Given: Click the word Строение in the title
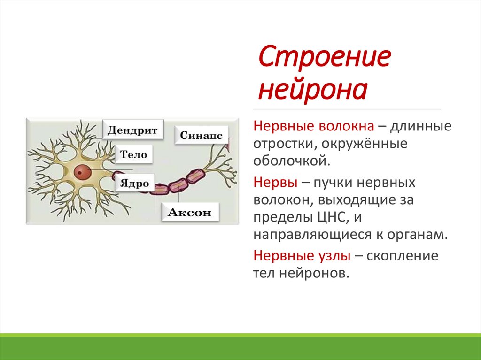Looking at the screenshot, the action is tap(325, 56).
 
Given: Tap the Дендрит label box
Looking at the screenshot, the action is tap(133, 130).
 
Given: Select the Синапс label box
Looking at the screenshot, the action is tap(202, 135).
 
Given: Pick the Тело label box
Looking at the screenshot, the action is tap(134, 154).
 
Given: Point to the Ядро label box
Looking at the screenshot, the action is tap(135, 183).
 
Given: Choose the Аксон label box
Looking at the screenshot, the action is tap(190, 212).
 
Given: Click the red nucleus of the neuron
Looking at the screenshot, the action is tap(82, 172).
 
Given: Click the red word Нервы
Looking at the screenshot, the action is tap(275, 183).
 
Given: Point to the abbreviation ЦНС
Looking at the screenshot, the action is tap(333, 217).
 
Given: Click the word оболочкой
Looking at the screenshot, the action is tap(292, 161).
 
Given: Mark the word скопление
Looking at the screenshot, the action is tap(402, 256).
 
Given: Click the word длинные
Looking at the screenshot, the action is tap(420, 126).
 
